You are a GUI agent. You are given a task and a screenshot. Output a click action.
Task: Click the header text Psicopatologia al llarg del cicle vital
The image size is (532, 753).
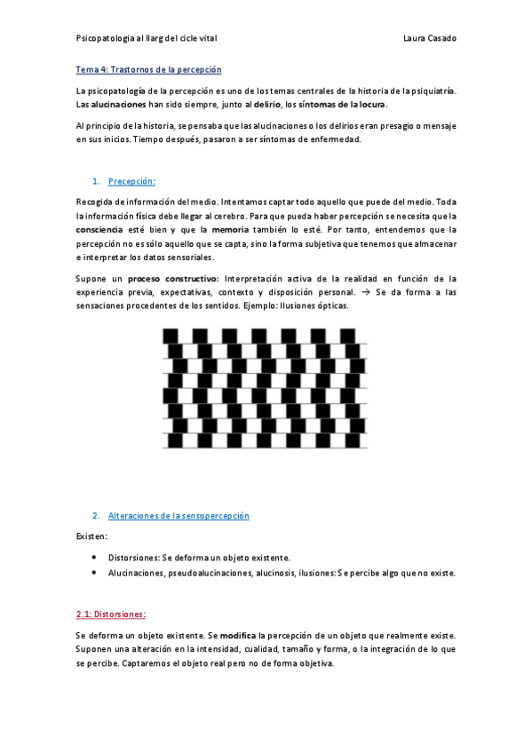pos(147,38)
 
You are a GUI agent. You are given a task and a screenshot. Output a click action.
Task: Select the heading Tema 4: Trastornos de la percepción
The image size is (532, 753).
pos(148,69)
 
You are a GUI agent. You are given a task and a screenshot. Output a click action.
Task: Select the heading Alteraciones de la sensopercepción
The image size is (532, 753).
pos(178,516)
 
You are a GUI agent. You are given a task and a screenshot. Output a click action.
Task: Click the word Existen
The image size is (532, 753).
pos(91,536)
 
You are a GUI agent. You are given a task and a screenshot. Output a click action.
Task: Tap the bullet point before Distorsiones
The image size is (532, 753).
pos(95,558)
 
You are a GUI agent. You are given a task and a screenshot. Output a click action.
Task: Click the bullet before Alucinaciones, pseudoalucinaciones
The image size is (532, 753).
pos(95,573)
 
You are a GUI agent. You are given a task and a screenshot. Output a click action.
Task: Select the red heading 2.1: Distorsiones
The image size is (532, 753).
pos(111,614)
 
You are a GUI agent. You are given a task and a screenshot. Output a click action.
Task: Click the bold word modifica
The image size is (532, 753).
pos(237,636)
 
